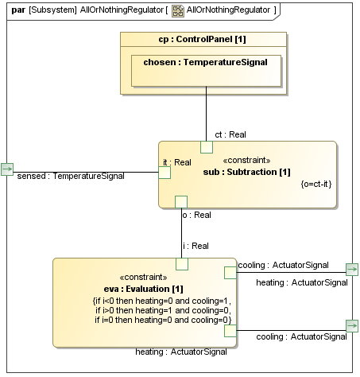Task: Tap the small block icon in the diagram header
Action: (x=178, y=10)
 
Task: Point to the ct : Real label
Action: (x=230, y=134)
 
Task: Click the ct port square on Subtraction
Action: (x=207, y=146)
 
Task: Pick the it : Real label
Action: (x=176, y=162)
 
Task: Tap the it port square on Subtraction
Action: (x=165, y=173)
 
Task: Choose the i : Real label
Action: (x=195, y=246)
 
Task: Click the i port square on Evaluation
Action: (x=182, y=263)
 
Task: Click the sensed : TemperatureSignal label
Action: (x=71, y=176)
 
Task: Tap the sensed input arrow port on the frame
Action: (x=8, y=169)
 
